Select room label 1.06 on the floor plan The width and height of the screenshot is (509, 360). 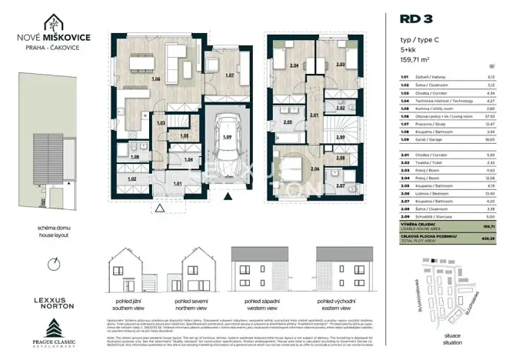156,79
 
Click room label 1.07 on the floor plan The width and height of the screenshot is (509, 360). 228,75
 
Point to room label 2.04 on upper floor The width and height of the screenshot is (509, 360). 294,67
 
